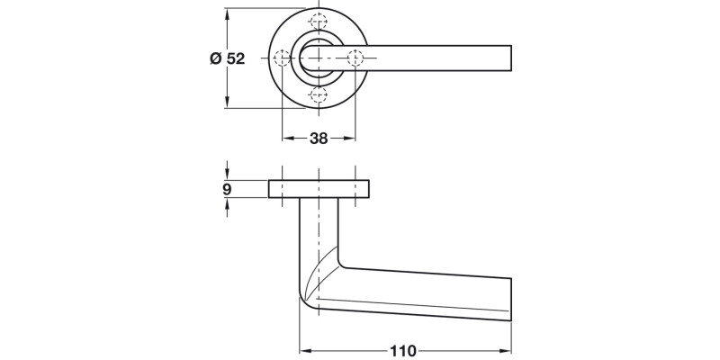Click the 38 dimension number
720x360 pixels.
click(319, 139)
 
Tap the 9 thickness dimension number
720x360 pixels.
click(227, 189)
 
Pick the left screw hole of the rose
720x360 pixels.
click(283, 58)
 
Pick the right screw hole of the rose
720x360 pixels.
click(355, 58)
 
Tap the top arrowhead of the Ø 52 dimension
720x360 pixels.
click(227, 14)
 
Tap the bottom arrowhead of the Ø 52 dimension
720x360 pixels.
click(227, 103)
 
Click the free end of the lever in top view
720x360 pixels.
click(509, 58)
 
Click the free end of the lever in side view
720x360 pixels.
click(509, 300)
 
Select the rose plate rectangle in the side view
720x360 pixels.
click(319, 189)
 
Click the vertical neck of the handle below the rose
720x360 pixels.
click(319, 229)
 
